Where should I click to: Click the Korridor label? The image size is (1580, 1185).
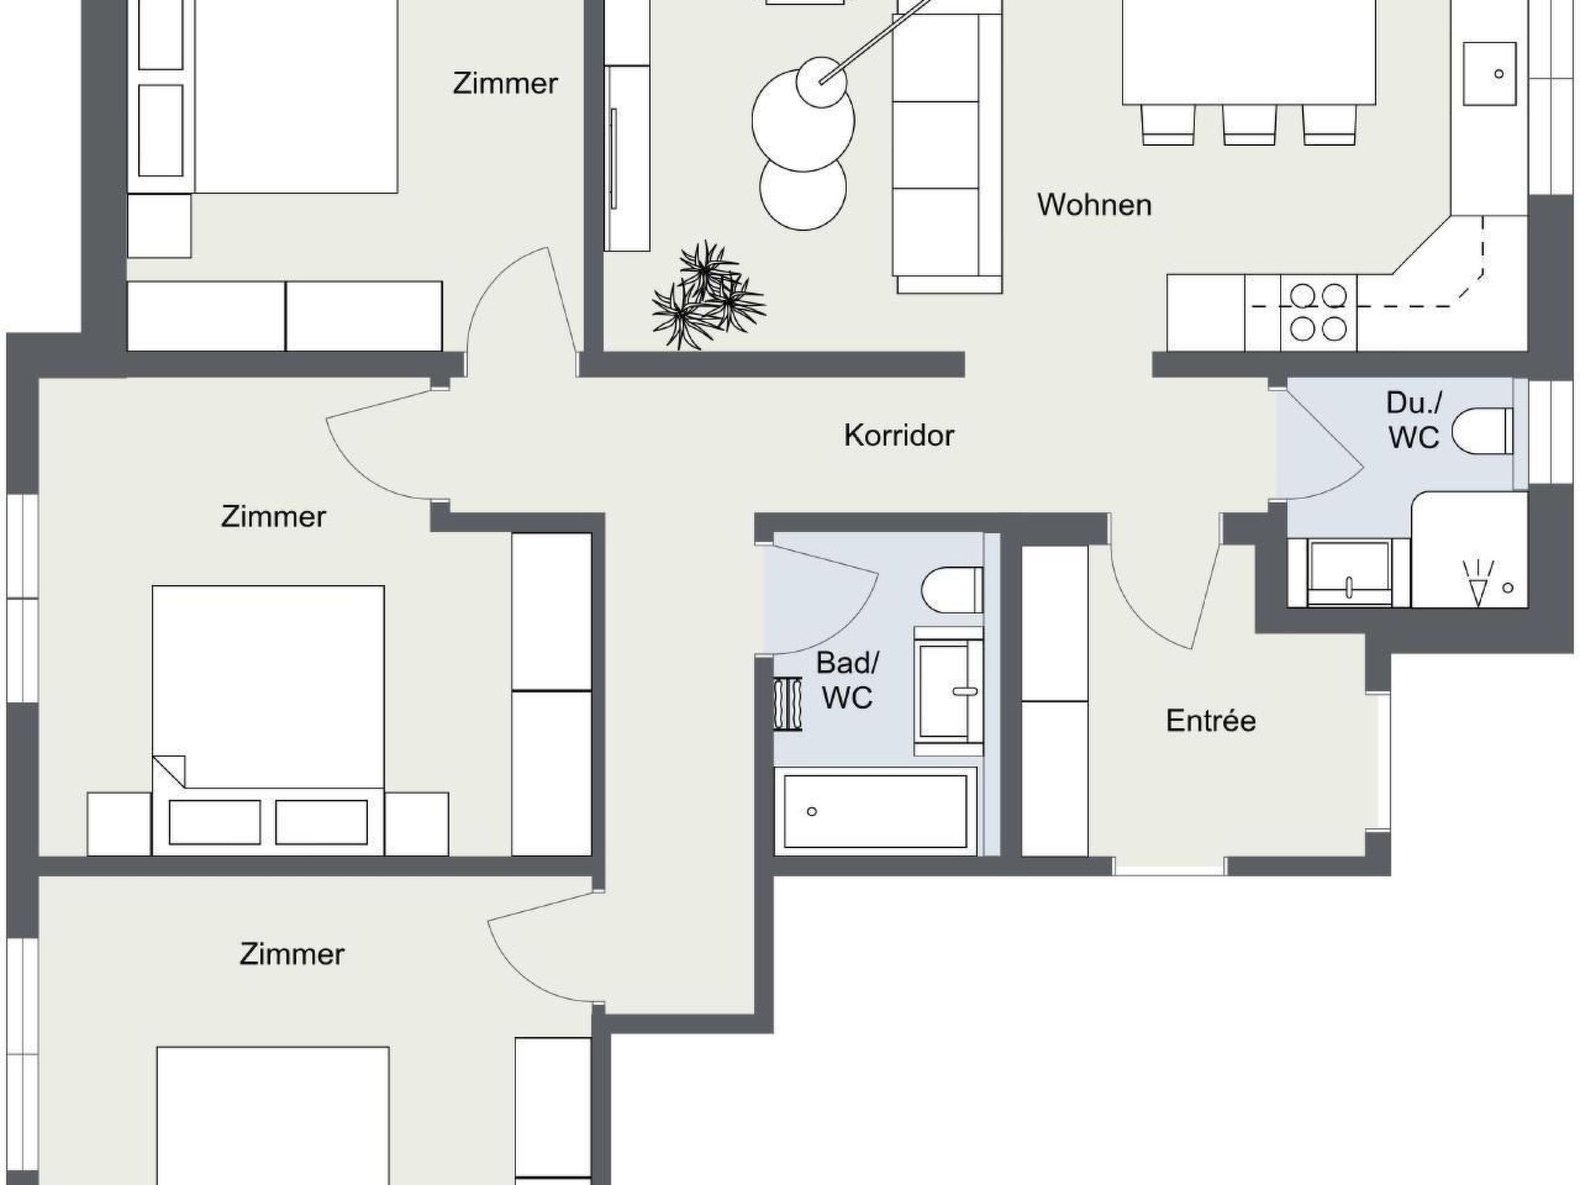coord(899,435)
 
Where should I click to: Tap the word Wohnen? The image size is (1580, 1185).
coord(1094,204)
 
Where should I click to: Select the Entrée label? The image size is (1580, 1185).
coord(1210,721)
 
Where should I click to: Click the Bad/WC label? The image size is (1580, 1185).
coord(847,680)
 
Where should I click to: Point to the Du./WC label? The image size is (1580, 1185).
coord(1413,420)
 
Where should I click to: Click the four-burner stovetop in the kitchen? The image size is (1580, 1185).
coord(1318,312)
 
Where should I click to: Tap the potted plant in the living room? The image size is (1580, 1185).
coord(708,297)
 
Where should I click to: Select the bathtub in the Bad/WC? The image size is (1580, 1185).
coord(876,811)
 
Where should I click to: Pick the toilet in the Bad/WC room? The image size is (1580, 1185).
coord(952,589)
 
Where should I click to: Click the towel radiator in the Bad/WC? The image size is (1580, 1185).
coord(788,704)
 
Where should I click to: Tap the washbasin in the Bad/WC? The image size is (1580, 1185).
coord(948,691)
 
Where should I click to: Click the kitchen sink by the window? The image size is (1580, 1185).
coord(1489,73)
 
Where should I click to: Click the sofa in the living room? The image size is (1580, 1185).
coord(947,147)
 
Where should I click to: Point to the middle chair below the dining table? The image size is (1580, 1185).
coord(1249,124)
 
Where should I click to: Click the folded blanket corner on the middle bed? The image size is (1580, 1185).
coord(169,771)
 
